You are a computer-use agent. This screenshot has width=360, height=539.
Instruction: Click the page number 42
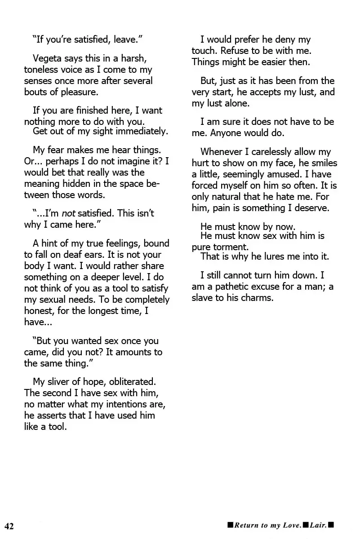pos(9,526)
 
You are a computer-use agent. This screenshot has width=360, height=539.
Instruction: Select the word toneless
pos(43,70)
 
